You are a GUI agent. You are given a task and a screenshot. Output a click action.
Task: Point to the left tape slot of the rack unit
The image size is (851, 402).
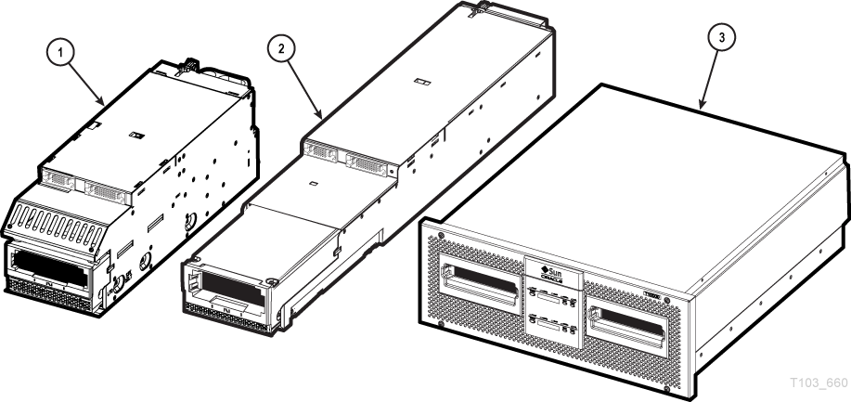[x=482, y=281]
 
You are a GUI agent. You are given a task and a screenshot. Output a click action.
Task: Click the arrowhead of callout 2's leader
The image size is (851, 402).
[x=321, y=115]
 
